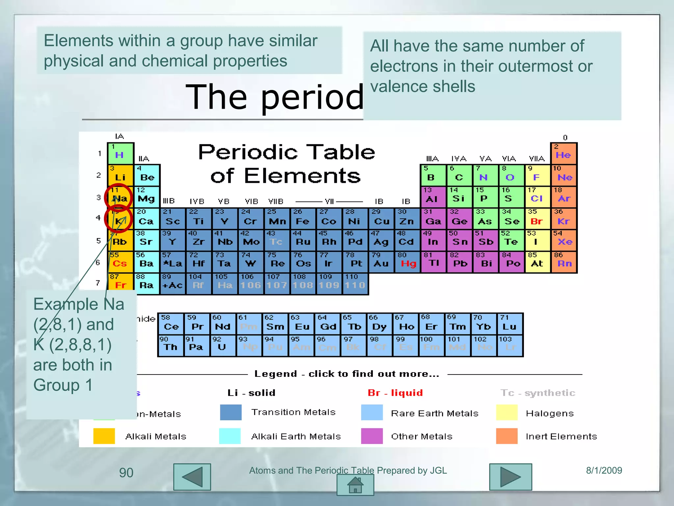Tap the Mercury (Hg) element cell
[407, 262]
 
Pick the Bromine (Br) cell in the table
[537, 219]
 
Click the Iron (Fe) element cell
[303, 219]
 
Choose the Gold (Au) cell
[381, 262]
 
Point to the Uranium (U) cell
[222, 345]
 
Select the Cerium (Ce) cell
[171, 324]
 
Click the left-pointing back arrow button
[192, 477]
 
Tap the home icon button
[355, 485]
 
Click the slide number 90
[126, 473]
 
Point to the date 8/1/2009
[604, 470]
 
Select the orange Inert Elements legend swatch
[506, 436]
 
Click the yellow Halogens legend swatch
[506, 413]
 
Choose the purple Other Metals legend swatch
[372, 436]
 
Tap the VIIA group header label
[536, 159]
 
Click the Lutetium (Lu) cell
[510, 324]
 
